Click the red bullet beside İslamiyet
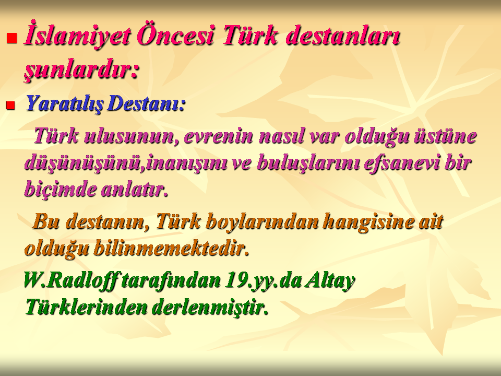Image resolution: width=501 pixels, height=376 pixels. [11, 38]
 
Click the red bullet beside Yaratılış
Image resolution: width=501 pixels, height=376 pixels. [10, 105]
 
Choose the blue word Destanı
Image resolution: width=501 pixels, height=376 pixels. [147, 103]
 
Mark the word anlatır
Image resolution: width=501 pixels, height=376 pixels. [135, 189]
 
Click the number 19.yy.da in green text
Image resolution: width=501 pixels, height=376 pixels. [263, 280]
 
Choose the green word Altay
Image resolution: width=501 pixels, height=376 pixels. [330, 280]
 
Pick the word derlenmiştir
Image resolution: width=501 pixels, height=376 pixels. [210, 307]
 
